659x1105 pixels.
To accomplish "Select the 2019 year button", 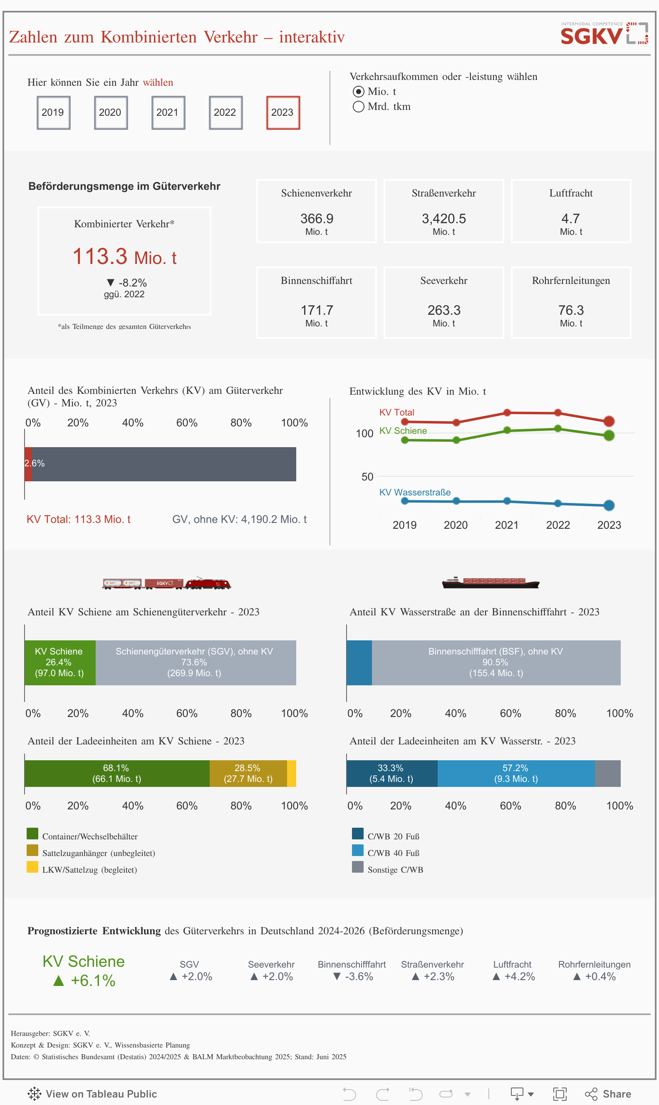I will [x=53, y=112].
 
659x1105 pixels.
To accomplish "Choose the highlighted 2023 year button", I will [x=283, y=112].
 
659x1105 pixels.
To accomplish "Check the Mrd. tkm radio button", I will [x=358, y=107].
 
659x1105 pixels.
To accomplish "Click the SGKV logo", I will [x=604, y=34].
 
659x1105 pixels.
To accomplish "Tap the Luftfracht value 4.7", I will [x=571, y=219].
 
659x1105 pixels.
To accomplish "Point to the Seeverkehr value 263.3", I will [x=443, y=310].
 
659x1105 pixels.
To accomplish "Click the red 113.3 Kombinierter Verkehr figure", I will [x=100, y=256].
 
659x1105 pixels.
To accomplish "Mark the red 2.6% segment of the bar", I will [x=28, y=464].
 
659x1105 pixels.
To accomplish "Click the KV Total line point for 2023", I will [x=609, y=421].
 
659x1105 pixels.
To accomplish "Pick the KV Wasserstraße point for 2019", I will [x=404, y=501].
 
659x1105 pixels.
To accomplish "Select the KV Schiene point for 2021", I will [x=507, y=430].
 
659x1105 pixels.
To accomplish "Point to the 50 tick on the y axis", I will [x=367, y=477].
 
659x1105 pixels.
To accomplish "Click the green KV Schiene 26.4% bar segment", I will [x=60, y=662].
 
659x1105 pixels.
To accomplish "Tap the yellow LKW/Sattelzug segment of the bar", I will [x=291, y=773].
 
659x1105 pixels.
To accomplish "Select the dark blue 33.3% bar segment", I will [x=391, y=773].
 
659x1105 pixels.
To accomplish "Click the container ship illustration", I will [x=490, y=582].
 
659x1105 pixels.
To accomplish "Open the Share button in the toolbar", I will [x=608, y=1093].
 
